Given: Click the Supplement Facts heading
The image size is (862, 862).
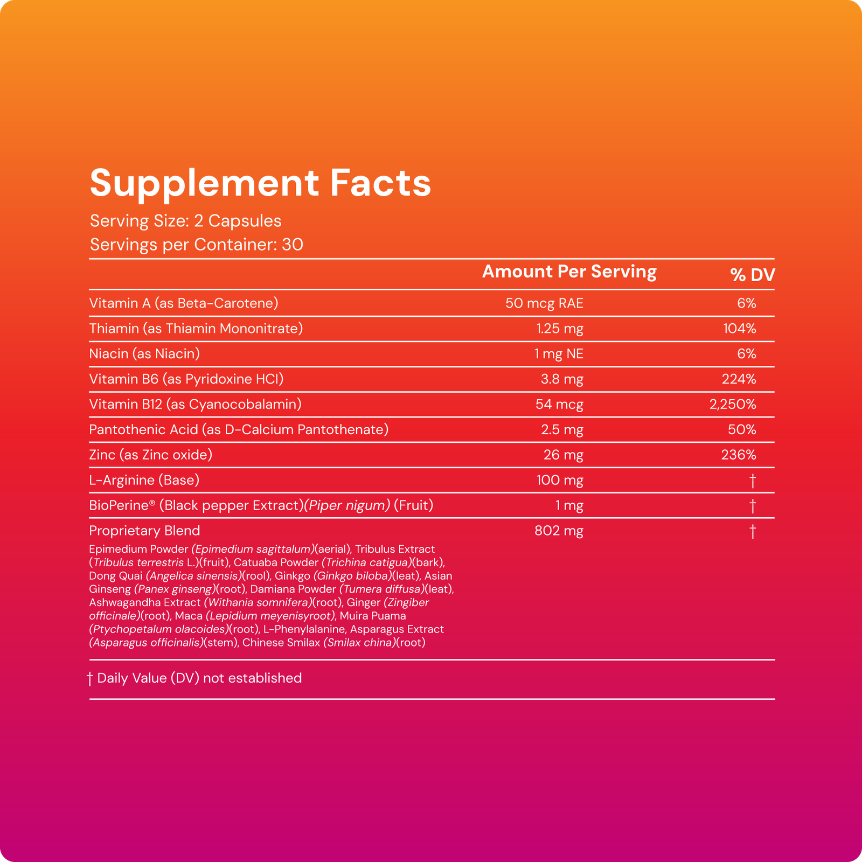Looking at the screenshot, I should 260,183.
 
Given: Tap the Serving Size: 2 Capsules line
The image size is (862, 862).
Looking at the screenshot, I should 185,221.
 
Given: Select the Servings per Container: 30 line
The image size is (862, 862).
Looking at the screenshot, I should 196,245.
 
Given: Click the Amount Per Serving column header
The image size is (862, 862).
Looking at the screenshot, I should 569,272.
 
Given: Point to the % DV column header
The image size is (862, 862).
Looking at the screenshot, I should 752,275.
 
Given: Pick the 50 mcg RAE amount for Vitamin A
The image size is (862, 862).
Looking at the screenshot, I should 544,303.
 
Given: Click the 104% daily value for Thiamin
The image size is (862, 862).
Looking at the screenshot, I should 739,329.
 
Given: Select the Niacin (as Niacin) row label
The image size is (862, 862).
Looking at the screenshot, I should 144,354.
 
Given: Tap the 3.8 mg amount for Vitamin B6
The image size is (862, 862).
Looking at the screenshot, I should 562,379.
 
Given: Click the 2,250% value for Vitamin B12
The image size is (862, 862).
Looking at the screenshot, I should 733,405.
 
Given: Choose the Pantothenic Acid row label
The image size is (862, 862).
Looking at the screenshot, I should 239,430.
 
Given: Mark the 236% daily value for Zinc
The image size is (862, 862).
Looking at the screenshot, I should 739,455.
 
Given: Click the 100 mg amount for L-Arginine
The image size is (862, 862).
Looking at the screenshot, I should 560,481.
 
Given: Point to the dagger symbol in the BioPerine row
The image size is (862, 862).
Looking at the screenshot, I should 753,506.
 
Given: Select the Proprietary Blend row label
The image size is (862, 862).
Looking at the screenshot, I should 144,531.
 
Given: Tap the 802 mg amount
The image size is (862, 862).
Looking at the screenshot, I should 559,531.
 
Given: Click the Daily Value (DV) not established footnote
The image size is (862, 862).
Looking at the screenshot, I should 199,678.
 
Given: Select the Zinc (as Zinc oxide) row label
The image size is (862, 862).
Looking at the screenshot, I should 151,455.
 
